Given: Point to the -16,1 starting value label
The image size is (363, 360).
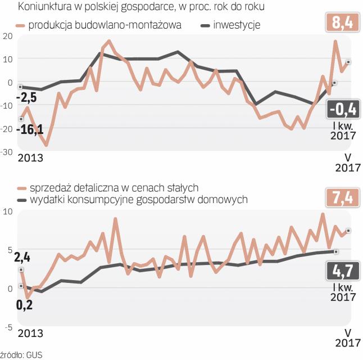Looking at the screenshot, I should (31, 130).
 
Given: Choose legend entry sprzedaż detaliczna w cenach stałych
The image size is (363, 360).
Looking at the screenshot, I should (109, 188).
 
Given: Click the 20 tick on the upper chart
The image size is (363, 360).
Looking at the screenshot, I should (7, 35).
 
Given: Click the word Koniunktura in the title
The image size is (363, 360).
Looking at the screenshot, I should (44, 7).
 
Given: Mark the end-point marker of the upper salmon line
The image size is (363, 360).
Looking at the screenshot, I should (348, 62).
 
